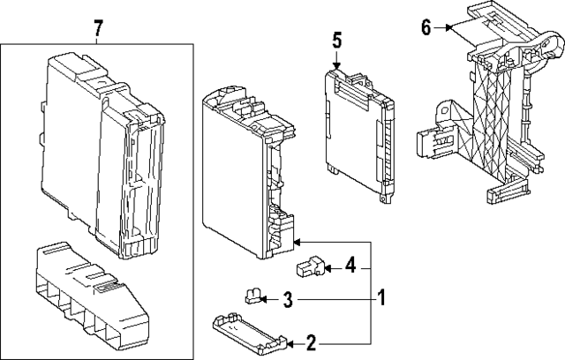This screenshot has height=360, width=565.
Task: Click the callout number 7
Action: click(98, 30)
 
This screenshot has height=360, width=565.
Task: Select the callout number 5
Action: click(337, 40)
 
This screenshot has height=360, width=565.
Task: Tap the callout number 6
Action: click(426, 28)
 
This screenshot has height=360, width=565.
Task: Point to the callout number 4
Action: click(350, 264)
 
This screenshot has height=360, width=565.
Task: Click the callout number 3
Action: click(287, 302)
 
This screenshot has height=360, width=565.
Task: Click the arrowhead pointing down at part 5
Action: click(337, 64)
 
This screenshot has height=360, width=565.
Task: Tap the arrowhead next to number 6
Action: click(448, 28)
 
